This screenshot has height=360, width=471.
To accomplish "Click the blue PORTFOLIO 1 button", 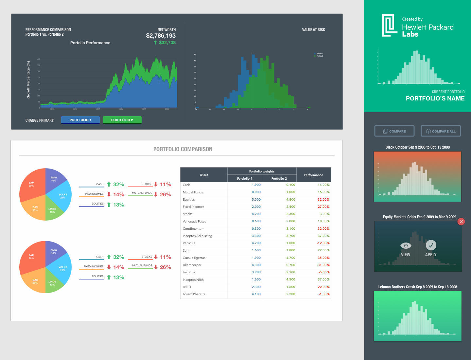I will click(x=80, y=120).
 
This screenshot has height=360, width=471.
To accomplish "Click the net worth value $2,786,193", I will click(x=161, y=36).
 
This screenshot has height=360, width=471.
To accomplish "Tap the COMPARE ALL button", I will click(x=441, y=131).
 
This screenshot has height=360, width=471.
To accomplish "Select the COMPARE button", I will click(x=394, y=131).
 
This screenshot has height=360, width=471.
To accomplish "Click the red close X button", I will click(x=461, y=222).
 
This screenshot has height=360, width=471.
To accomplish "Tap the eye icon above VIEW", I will click(x=406, y=245).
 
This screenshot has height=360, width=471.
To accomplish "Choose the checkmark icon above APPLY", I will click(x=431, y=245).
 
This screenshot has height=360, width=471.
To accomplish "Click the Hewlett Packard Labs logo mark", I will click(x=389, y=25).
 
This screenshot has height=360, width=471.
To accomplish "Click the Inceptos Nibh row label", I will click(x=193, y=280).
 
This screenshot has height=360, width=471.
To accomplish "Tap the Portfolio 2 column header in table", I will click(x=279, y=179).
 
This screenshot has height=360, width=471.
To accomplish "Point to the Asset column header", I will click(x=204, y=175).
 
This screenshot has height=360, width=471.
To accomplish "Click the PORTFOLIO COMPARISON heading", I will click(x=183, y=149).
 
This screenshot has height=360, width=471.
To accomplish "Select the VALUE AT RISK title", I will click(x=313, y=30).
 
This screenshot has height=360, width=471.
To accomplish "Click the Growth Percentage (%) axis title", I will click(x=28, y=80).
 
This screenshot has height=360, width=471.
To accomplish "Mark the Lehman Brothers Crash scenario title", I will click(x=417, y=287).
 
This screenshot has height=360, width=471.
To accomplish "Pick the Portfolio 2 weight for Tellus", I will click(x=290, y=287).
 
